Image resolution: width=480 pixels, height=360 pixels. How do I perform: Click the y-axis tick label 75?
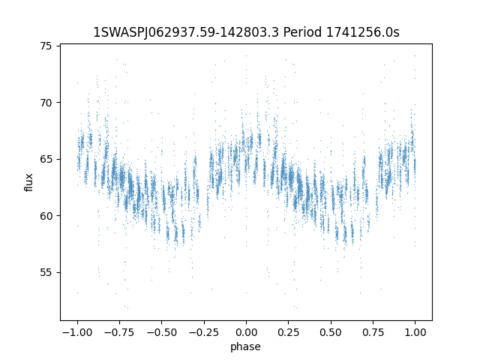46,46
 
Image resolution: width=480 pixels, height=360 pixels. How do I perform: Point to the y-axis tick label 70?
46,103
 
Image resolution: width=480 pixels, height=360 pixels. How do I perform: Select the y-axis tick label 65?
46,160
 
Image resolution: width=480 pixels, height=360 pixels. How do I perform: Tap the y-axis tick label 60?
46,216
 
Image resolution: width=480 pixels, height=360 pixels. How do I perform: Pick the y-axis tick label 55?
46,272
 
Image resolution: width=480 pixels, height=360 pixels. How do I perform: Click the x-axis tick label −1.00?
77,332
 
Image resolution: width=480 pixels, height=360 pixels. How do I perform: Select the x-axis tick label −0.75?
119,332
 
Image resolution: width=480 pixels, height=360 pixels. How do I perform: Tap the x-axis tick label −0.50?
162,332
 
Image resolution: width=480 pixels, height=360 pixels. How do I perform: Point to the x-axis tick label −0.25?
204,332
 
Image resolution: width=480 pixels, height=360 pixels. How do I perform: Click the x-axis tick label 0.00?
246,332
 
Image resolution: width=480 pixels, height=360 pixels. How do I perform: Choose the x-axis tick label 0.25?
288,332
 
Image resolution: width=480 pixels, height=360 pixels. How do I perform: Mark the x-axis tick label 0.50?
331,332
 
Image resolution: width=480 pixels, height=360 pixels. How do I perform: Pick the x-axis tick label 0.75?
373,332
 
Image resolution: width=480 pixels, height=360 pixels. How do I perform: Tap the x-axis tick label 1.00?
415,332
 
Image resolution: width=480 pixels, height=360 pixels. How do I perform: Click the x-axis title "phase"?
245,347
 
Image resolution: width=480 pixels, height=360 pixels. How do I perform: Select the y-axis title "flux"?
28,182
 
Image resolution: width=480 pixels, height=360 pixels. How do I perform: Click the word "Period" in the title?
302,32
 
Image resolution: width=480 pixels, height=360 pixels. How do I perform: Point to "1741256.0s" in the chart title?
363,32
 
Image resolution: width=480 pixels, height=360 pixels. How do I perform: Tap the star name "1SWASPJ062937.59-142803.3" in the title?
186,32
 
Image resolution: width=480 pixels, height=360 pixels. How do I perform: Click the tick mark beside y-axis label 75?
58,46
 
